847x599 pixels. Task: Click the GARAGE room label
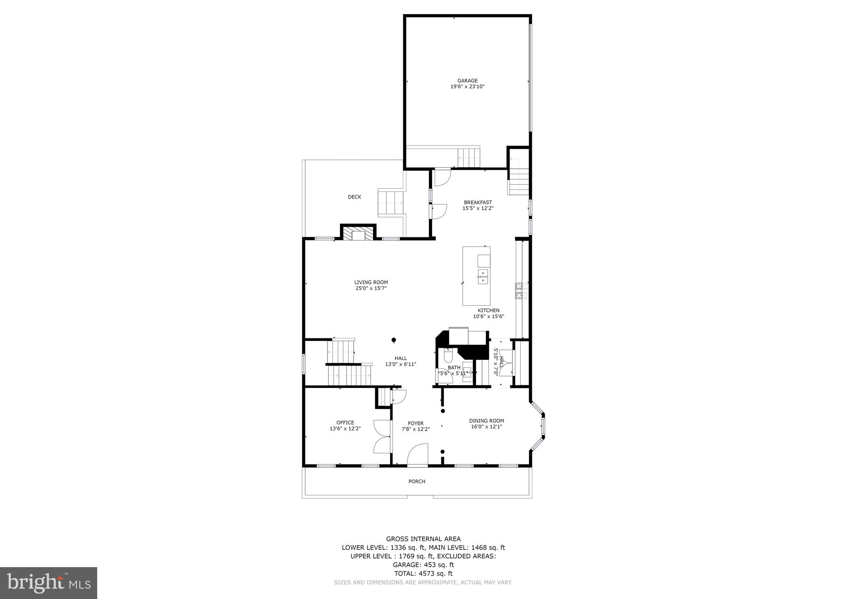coord(467,81)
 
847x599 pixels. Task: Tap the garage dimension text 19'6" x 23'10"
coord(467,87)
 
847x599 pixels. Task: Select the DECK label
coord(354,197)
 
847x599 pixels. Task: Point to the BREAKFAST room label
coord(478,202)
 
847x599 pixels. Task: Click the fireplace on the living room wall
coord(358,234)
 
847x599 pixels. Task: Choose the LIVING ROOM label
coord(371,283)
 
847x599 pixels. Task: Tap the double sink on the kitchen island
coord(483,277)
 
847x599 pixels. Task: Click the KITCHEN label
coord(488,311)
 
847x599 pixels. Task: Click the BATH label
coord(454,367)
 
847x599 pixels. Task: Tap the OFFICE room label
coord(345,423)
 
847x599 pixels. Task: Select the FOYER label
coord(416,423)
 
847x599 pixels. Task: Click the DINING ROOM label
coord(486,421)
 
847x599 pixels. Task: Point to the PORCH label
coord(417,482)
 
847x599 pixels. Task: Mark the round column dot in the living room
coord(394,340)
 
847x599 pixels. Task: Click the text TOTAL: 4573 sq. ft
coord(423,574)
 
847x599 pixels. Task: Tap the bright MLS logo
coord(48,583)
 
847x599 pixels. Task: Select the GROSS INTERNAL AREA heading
coord(423,539)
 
